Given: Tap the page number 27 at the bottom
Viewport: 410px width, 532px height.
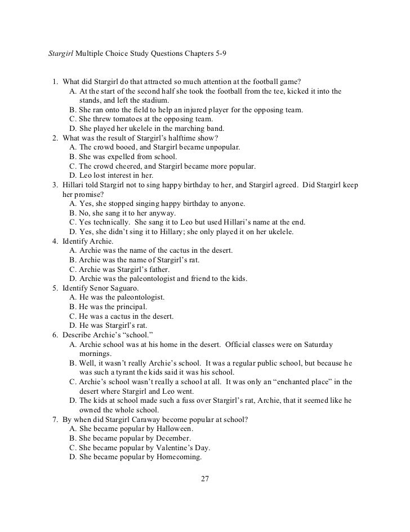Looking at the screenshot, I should click(205, 479).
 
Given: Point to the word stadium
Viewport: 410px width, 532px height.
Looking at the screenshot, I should click(142, 100).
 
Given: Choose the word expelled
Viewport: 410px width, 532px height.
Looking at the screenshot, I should click(121, 157).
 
